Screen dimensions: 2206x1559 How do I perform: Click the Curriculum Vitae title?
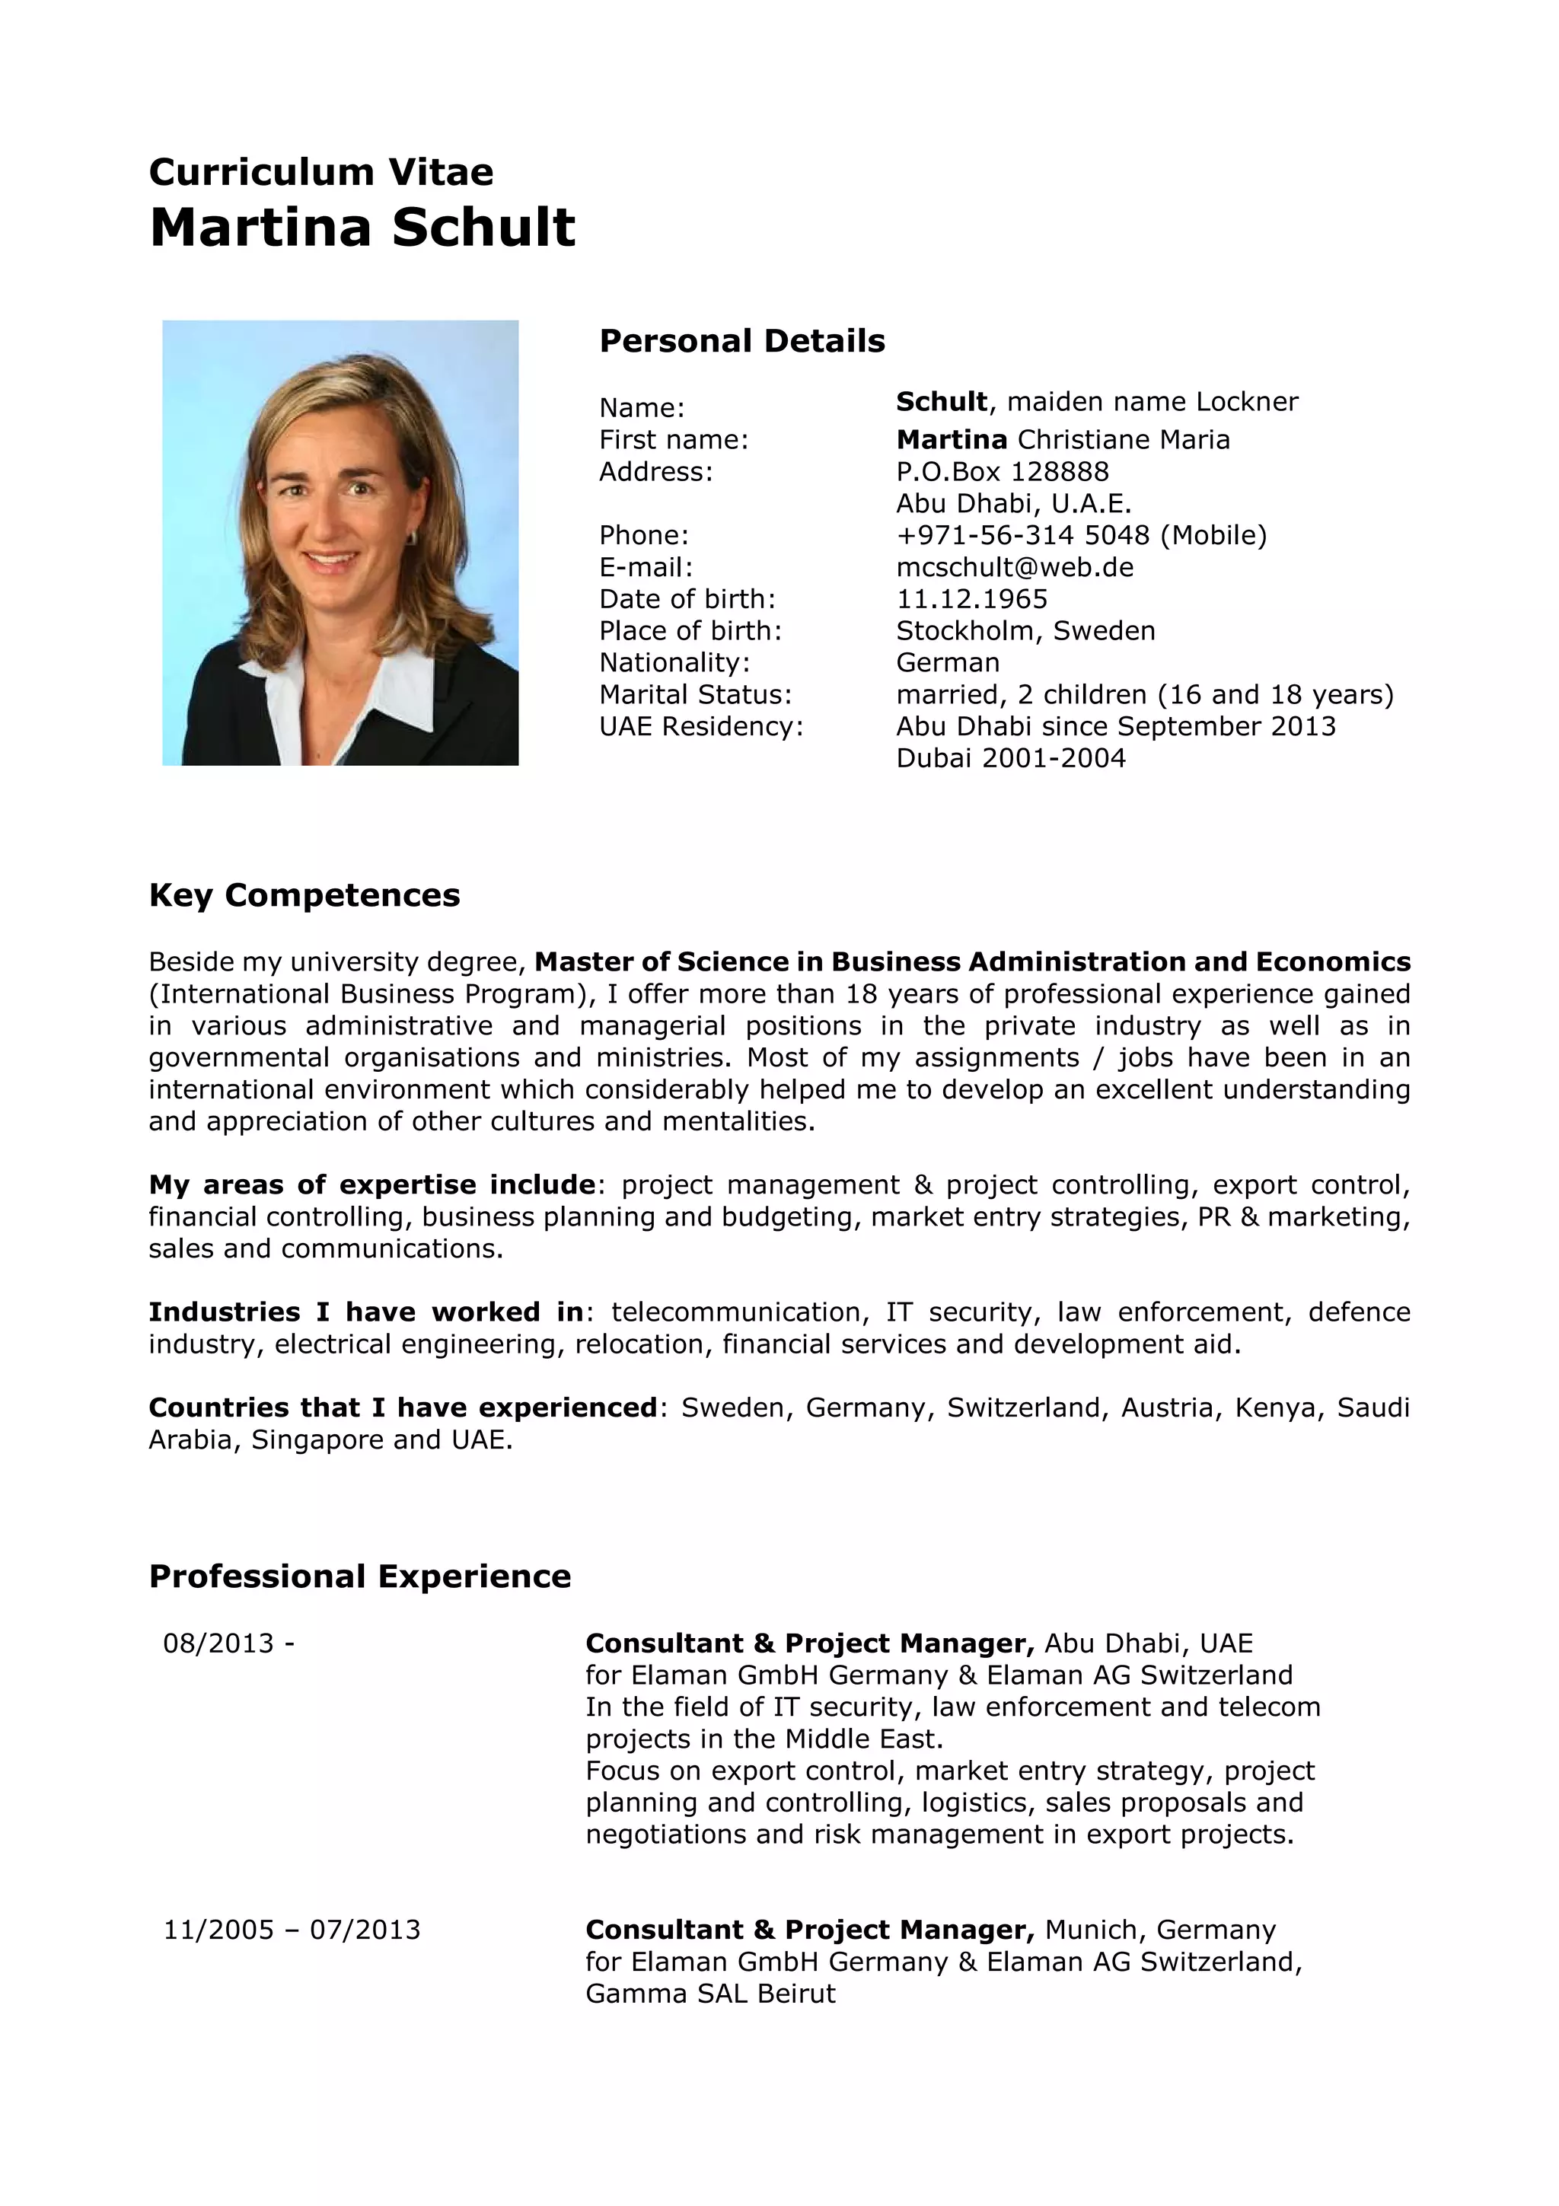tap(320, 173)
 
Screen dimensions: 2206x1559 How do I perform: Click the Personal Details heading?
tap(741, 341)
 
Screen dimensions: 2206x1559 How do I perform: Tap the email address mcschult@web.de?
tap(1015, 567)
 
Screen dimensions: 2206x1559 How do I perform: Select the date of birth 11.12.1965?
tap(971, 598)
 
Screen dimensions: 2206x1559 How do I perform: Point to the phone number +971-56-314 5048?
tap(1022, 535)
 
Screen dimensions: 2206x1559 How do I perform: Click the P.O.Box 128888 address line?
tap(1002, 472)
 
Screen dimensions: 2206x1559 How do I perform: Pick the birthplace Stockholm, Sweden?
tap(1025, 630)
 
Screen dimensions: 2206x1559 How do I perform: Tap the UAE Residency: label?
tap(701, 725)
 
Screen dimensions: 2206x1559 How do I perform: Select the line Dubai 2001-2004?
tap(1010, 758)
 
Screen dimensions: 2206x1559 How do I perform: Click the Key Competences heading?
tap(304, 894)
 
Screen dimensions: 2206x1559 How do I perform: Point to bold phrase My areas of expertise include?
tap(371, 1184)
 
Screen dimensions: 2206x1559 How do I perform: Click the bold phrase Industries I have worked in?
tap(366, 1312)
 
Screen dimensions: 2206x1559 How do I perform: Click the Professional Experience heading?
tap(360, 1576)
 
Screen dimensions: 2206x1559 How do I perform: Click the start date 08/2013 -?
tap(228, 1643)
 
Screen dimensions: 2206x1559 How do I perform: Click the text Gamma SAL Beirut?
tap(711, 1993)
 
